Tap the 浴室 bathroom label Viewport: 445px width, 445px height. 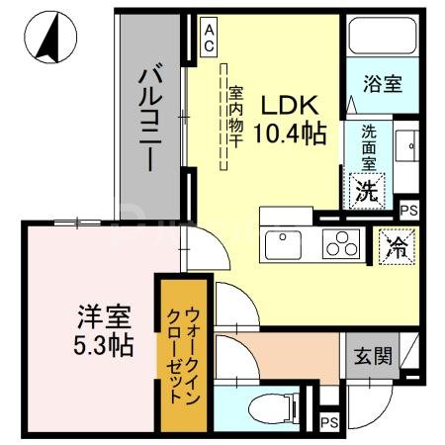[381, 83]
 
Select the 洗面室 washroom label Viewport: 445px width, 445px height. [368, 144]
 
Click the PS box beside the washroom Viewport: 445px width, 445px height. [409, 210]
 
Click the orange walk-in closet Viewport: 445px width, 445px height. [184, 355]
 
